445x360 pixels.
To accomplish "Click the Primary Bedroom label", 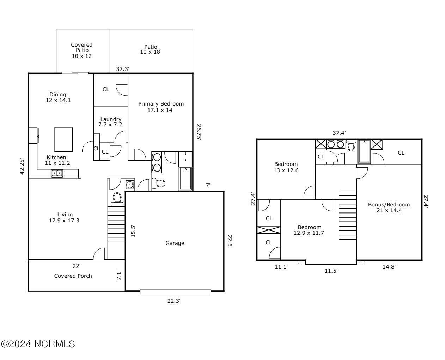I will point(161,107).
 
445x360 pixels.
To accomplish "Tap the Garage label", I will point(175,243).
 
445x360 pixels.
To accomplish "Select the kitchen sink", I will point(57,173).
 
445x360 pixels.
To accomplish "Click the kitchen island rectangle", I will point(63,140).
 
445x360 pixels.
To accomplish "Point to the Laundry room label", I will point(111,122).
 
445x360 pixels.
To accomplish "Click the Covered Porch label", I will point(73,276).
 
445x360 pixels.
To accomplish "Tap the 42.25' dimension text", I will point(22,166).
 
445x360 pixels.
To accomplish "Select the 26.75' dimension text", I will point(199,132).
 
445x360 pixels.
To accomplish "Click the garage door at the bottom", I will point(175,292).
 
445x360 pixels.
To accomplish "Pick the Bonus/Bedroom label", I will point(389,207).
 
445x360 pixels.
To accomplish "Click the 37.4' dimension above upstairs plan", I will point(339,133).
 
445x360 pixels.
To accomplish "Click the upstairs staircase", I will point(347,215).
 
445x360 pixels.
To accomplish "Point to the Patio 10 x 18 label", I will point(151,49).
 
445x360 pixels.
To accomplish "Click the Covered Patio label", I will point(82,50).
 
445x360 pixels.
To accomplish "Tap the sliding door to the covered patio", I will point(75,73).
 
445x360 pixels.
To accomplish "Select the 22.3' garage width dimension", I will point(174,301).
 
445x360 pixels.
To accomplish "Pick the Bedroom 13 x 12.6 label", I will point(286,167).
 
